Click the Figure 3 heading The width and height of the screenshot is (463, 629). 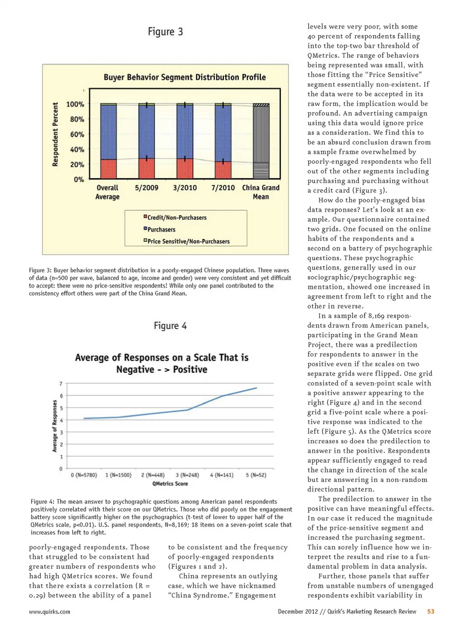(165, 32)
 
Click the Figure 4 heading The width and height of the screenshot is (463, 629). (170, 326)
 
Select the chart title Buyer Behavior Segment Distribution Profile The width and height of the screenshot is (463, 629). (185, 77)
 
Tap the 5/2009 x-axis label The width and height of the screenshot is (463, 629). (147, 187)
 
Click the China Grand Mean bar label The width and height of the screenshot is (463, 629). (260, 192)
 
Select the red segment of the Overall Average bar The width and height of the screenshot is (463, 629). (108, 169)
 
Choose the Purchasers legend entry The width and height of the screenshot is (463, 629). (161, 230)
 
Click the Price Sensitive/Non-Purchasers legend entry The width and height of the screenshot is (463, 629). (188, 241)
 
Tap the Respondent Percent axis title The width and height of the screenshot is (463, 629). (55, 134)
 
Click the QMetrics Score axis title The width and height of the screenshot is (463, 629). (170, 483)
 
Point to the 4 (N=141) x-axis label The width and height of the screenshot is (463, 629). (222, 475)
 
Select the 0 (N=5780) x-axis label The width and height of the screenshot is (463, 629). (84, 475)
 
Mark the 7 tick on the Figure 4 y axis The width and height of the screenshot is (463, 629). (61, 384)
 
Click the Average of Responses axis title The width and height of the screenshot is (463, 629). (54, 426)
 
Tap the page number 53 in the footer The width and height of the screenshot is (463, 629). (431, 611)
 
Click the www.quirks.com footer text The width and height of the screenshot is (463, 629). (50, 612)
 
